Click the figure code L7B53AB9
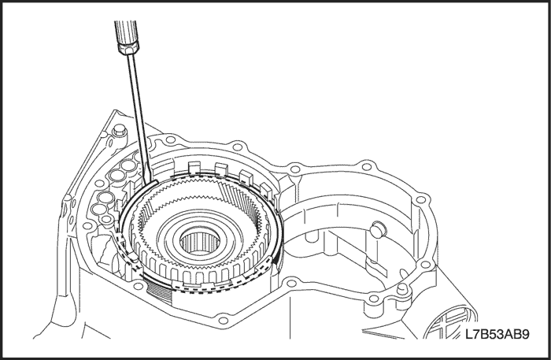(x=497, y=334)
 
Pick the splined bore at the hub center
(x=200, y=242)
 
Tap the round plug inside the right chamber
(x=378, y=229)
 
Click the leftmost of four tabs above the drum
(x=194, y=168)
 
